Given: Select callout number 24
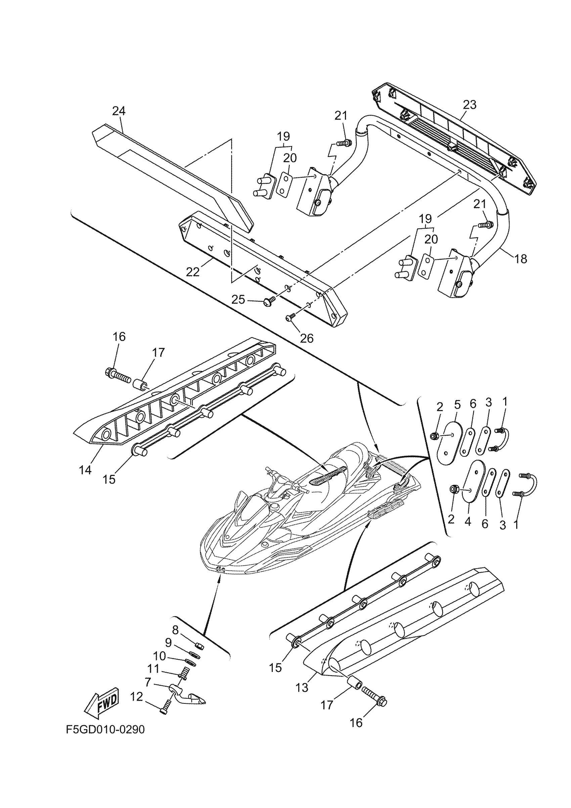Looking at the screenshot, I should tap(119, 111).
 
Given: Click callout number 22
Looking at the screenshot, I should tap(193, 272).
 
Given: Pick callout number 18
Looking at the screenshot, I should tap(521, 259).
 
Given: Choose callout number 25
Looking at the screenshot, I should tap(238, 300).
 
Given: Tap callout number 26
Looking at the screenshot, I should tap(307, 338).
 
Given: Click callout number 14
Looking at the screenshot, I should tap(85, 470).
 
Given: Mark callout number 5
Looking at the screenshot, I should tap(457, 405).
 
